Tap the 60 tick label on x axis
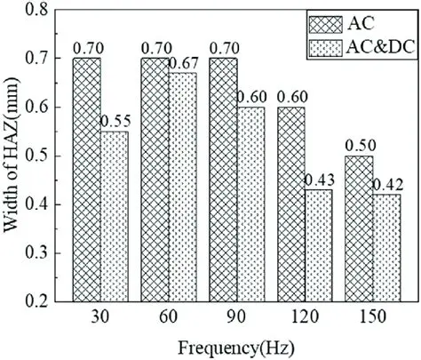click(x=165, y=317)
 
